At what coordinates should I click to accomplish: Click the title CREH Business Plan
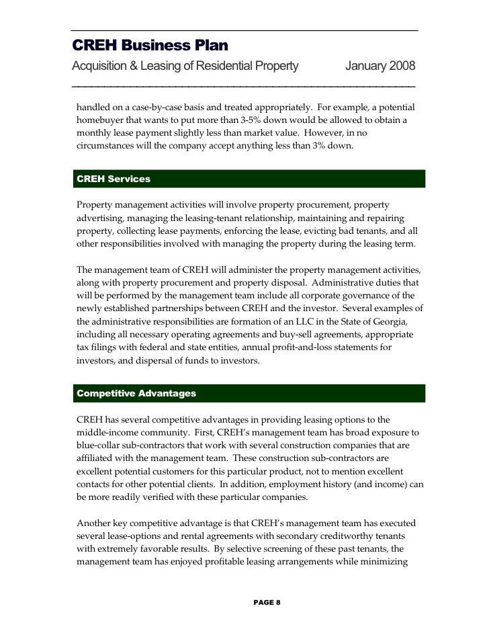coord(150,46)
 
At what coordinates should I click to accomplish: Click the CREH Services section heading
coord(114,179)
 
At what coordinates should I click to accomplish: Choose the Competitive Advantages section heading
coord(136,392)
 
